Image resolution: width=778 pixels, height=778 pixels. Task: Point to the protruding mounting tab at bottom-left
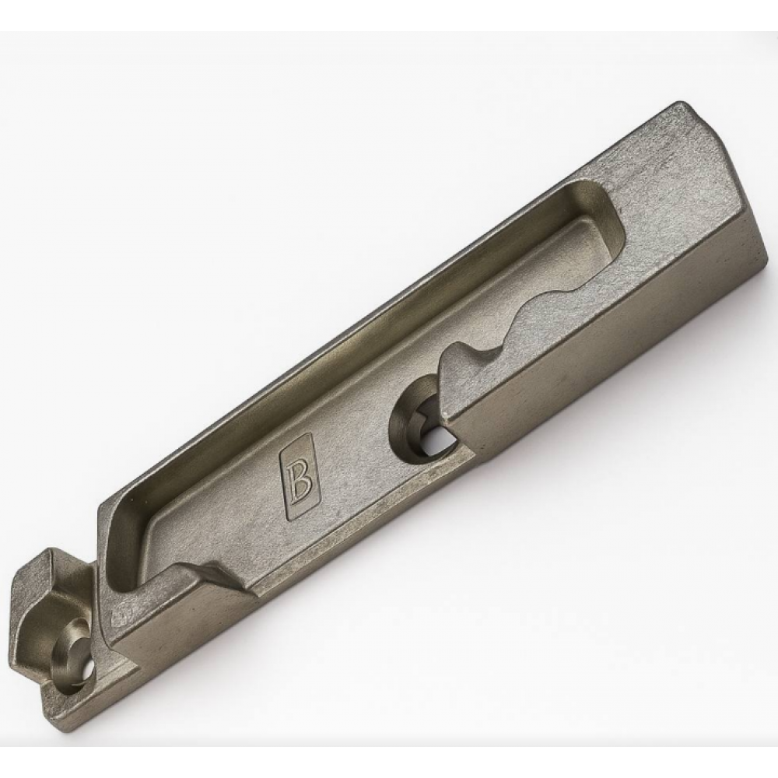coord(54,630)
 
